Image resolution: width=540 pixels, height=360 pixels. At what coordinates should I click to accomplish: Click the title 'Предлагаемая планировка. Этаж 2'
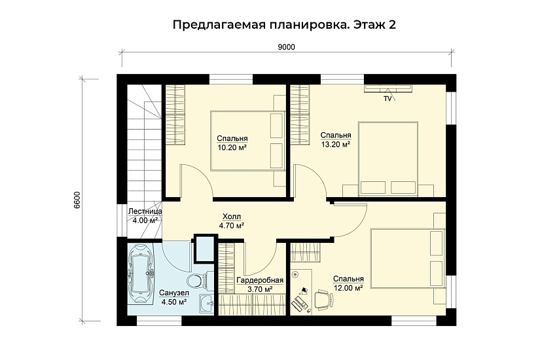pyautogui.click(x=284, y=25)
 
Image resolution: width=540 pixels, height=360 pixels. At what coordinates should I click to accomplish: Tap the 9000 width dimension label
pyautogui.click(x=286, y=47)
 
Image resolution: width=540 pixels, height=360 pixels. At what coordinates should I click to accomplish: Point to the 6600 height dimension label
pyautogui.click(x=77, y=200)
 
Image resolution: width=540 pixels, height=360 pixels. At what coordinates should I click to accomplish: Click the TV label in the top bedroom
pyautogui.click(x=387, y=99)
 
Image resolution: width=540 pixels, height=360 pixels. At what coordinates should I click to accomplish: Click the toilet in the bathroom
pyautogui.click(x=207, y=279)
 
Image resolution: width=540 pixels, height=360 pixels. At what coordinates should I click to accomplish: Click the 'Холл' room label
pyautogui.click(x=231, y=216)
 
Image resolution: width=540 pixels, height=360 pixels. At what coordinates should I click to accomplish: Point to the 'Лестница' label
pyautogui.click(x=145, y=211)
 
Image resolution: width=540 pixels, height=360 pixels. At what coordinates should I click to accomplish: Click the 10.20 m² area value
pyautogui.click(x=231, y=148)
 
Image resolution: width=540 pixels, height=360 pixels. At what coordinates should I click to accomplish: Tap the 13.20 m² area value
pyautogui.click(x=335, y=145)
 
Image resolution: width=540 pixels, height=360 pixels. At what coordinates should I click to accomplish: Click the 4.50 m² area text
pyautogui.click(x=173, y=302)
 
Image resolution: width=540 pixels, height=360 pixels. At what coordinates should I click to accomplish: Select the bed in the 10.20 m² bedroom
pyautogui.click(x=247, y=139)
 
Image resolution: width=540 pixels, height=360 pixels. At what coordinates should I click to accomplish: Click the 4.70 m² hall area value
pyautogui.click(x=231, y=225)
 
